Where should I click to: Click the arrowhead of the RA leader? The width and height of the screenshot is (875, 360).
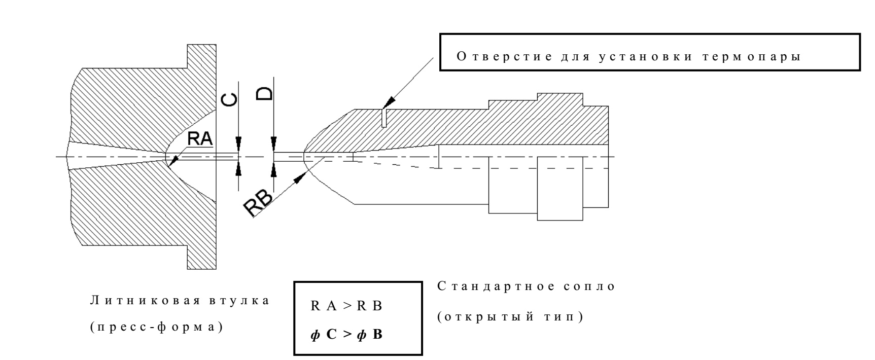coord(172,162)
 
